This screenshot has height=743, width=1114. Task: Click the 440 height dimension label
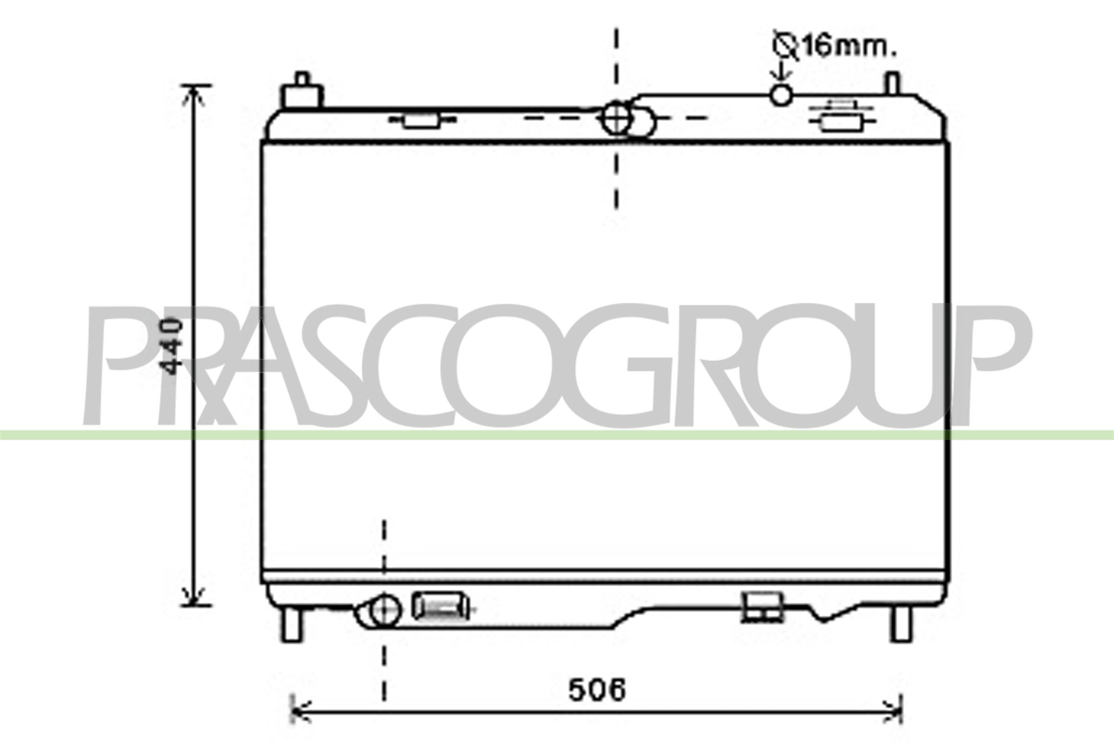(x=171, y=346)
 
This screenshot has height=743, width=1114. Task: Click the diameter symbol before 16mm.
(x=786, y=46)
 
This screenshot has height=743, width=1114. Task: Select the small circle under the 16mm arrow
(x=781, y=95)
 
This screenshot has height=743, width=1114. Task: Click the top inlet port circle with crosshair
(x=617, y=118)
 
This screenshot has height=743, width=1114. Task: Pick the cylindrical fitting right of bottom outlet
(x=440, y=606)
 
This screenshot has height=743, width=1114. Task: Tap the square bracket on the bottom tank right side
(x=762, y=607)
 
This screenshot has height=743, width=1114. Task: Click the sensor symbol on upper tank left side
(x=421, y=120)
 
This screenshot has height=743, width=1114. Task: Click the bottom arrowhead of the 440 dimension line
(x=193, y=598)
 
